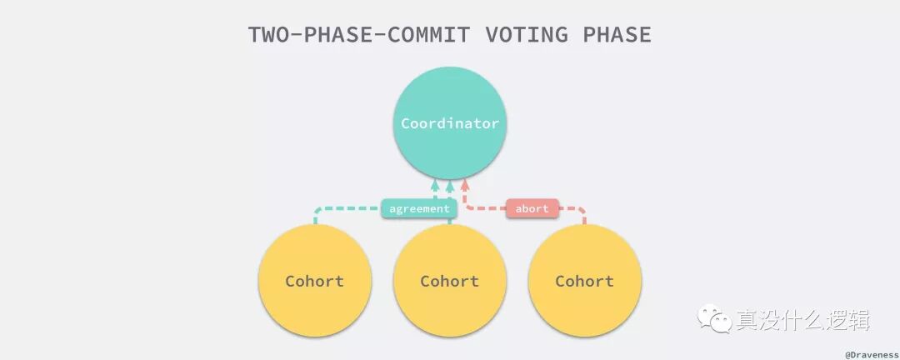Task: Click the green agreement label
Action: pyautogui.click(x=419, y=208)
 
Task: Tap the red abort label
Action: pyautogui.click(x=532, y=208)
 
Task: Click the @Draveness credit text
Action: pyautogui.click(x=871, y=353)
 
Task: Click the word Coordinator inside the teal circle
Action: pyautogui.click(x=450, y=123)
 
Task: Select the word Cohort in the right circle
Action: pyautogui.click(x=585, y=281)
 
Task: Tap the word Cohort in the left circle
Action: pyautogui.click(x=314, y=281)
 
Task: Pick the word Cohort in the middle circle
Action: pyautogui.click(x=450, y=281)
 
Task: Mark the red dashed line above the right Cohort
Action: pyautogui.click(x=575, y=208)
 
